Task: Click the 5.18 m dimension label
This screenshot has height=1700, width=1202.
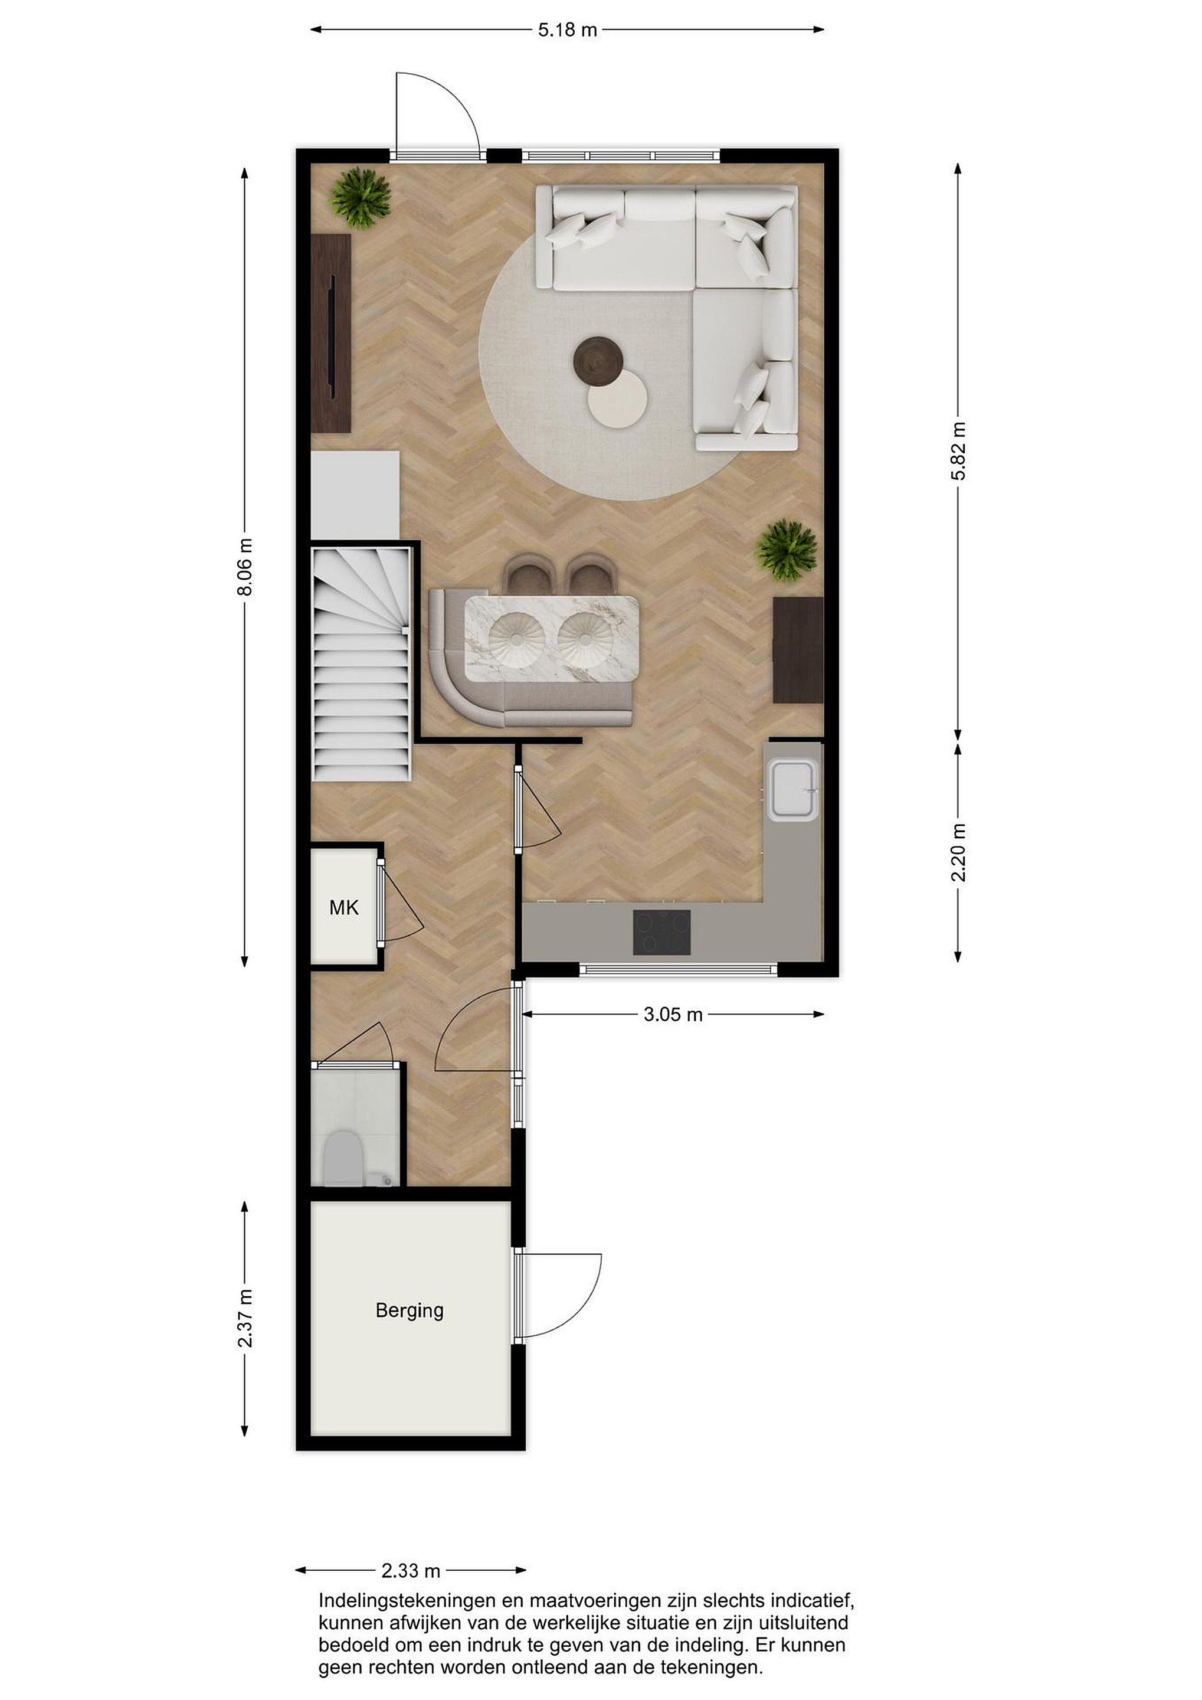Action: click(x=567, y=30)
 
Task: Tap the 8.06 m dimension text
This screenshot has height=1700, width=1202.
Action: click(x=245, y=567)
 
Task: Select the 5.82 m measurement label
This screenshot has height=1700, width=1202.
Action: click(x=958, y=451)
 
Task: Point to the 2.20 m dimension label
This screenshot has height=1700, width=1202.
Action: click(x=958, y=852)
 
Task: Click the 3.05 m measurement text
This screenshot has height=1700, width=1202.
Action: click(x=673, y=1014)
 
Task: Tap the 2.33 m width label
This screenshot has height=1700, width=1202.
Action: click(x=411, y=1570)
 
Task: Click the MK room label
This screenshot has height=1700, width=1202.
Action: click(x=344, y=907)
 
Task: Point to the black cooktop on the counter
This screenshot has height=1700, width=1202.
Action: click(x=661, y=932)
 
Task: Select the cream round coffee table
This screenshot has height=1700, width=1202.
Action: click(x=617, y=398)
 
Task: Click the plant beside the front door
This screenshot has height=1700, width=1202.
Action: click(x=361, y=197)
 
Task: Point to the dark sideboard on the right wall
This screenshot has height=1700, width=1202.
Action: click(x=798, y=650)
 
